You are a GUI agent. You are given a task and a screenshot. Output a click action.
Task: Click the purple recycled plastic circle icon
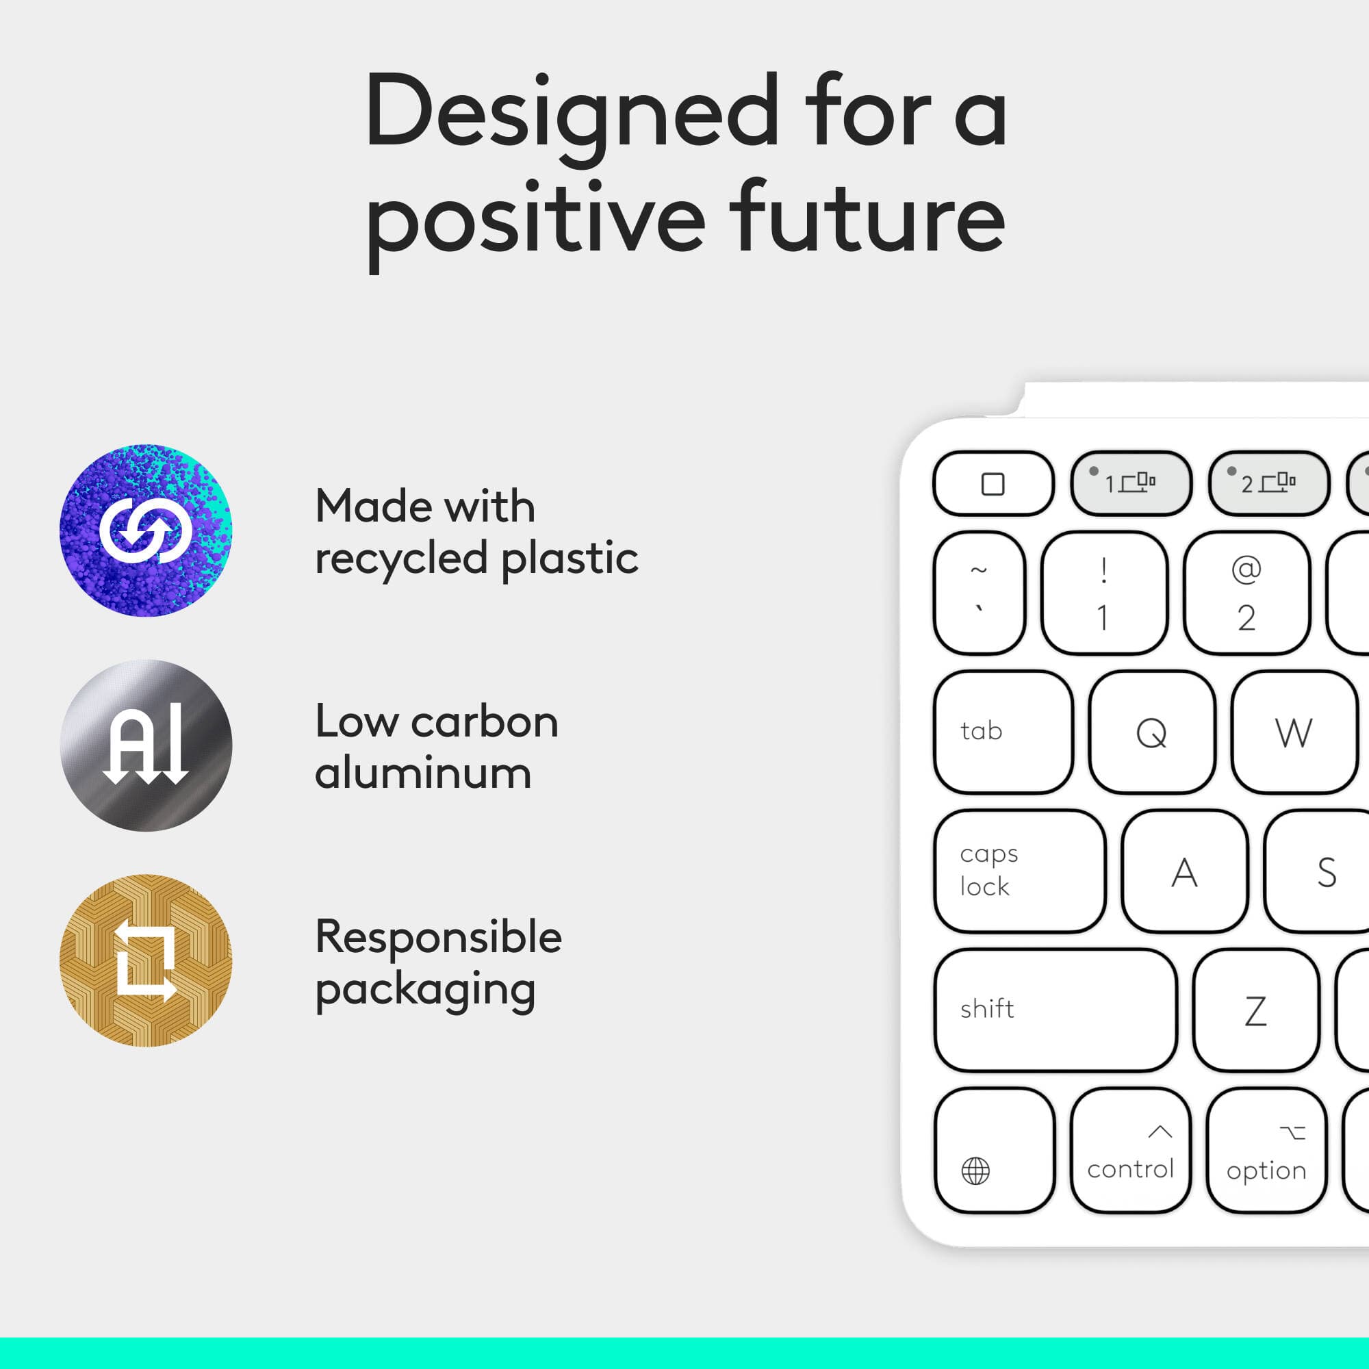tap(146, 530)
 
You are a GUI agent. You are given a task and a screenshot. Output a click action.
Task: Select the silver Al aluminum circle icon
tap(146, 745)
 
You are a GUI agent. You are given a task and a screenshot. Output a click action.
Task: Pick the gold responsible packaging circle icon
tap(146, 960)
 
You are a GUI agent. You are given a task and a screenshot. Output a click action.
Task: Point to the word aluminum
tap(423, 773)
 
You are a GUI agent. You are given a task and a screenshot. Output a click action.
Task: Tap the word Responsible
tap(439, 937)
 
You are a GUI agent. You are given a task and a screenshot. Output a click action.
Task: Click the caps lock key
tap(1019, 871)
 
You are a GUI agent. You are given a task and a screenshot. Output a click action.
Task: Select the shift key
tap(1054, 1010)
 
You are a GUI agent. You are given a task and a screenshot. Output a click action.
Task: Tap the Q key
tap(1151, 732)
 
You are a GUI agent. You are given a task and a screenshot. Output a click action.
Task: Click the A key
tap(1184, 871)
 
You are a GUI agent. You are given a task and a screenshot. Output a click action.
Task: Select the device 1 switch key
tap(1131, 483)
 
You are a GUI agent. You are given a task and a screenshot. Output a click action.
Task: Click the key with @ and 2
tap(1246, 593)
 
